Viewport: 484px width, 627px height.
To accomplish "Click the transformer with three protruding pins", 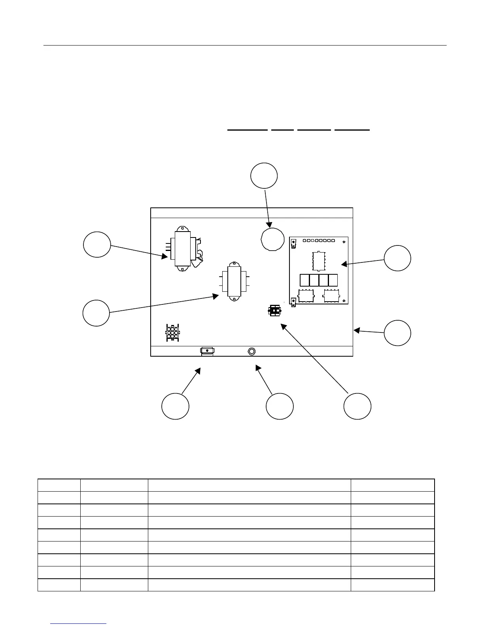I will coord(182,249).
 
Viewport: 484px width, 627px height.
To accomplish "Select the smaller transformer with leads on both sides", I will coord(234,281).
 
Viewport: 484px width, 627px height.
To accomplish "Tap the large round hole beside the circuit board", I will coord(273,239).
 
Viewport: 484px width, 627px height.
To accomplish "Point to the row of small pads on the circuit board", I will coord(319,241).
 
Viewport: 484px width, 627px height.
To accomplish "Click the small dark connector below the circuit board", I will coord(274,310).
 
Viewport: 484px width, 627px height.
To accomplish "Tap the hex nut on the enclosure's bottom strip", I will coord(251,351).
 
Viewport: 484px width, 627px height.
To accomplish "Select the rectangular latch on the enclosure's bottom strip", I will coord(207,351).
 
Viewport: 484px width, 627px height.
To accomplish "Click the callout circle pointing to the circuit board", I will coord(397,258).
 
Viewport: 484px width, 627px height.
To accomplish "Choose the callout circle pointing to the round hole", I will coord(264,176).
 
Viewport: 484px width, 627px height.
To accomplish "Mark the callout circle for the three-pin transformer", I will coord(97,245).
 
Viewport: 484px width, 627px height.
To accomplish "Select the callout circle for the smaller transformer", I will coord(96,313).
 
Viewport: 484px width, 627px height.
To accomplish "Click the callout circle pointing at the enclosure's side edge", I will coord(397,333).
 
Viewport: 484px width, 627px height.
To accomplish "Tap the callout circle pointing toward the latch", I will coord(175,406).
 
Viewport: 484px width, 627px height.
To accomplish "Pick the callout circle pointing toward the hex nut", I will coord(280,406).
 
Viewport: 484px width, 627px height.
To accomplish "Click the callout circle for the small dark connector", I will coord(357,406).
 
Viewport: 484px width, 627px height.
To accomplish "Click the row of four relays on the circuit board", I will coord(319,280).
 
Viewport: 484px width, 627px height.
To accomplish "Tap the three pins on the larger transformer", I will coord(168,248).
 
